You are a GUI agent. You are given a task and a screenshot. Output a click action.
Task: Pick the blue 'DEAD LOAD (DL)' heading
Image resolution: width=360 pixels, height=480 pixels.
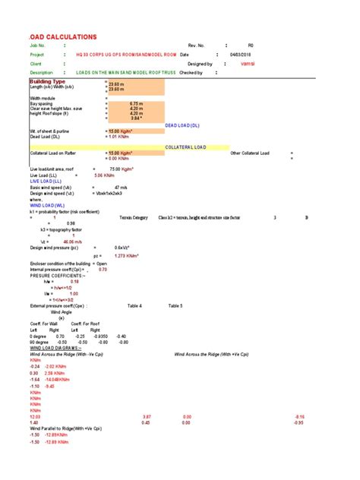pos(182,125)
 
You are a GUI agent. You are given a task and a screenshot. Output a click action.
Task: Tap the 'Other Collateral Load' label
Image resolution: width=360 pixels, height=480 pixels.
pos(250,153)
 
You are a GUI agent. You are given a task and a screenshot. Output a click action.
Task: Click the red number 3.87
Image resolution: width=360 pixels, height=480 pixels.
pos(147,417)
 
